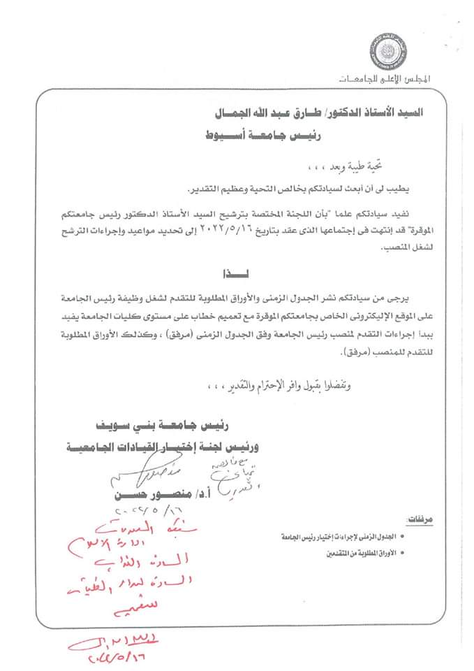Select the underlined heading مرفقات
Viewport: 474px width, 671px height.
click(x=420, y=521)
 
